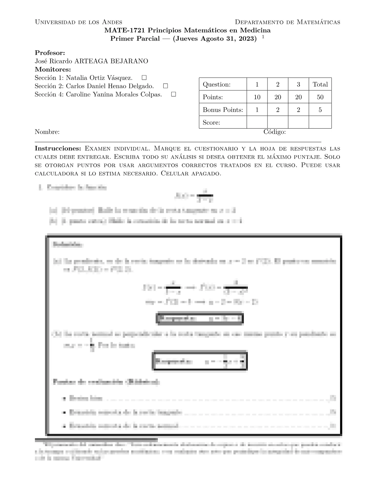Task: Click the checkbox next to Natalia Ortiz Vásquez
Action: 144,78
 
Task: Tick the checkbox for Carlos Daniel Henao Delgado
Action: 165,86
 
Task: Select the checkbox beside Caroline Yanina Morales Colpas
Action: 173,94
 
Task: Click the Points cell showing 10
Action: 257,97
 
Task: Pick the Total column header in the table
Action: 320,85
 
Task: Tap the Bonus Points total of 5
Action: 320,110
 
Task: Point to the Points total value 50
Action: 320,97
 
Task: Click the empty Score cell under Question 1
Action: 257,122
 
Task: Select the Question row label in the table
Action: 217,85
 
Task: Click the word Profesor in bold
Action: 50,53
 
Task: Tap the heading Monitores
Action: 53,70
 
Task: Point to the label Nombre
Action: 47,132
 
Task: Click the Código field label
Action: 275,132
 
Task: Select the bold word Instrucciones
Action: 58,149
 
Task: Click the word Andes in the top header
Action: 112,22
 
